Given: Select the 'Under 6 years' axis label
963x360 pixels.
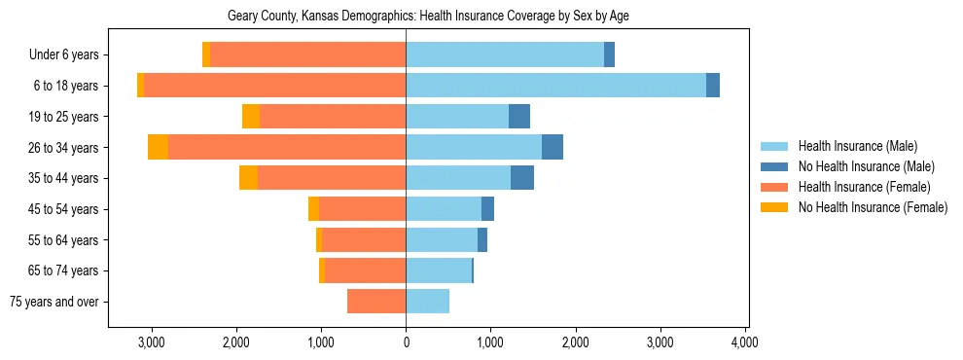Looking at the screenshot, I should tap(64, 55).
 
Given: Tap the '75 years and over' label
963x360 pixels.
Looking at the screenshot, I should tap(54, 302).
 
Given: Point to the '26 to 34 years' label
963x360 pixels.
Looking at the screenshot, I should tap(64, 148).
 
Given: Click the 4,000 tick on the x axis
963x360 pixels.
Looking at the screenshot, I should tap(745, 342).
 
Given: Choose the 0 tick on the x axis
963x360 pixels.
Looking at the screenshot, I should tap(406, 342).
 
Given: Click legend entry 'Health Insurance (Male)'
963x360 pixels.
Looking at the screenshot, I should tap(857, 146).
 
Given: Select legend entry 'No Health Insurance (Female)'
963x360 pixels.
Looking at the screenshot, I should tap(873, 207).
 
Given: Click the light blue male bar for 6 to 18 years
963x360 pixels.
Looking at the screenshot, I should tap(555, 86).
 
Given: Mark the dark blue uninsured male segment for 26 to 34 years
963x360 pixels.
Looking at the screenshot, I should tap(553, 147).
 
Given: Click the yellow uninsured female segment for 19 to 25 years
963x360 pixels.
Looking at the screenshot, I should tap(251, 117).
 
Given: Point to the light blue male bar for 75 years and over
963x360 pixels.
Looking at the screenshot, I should tap(427, 302).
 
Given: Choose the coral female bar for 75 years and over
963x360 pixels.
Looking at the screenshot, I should tap(376, 302).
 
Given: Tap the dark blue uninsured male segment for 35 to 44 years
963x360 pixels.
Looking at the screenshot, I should tap(522, 178).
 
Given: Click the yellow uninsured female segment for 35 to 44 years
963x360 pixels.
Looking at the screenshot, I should tap(248, 178).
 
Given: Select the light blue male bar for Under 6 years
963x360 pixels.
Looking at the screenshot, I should tap(505, 55).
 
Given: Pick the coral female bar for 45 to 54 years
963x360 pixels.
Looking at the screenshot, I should tap(362, 209).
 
